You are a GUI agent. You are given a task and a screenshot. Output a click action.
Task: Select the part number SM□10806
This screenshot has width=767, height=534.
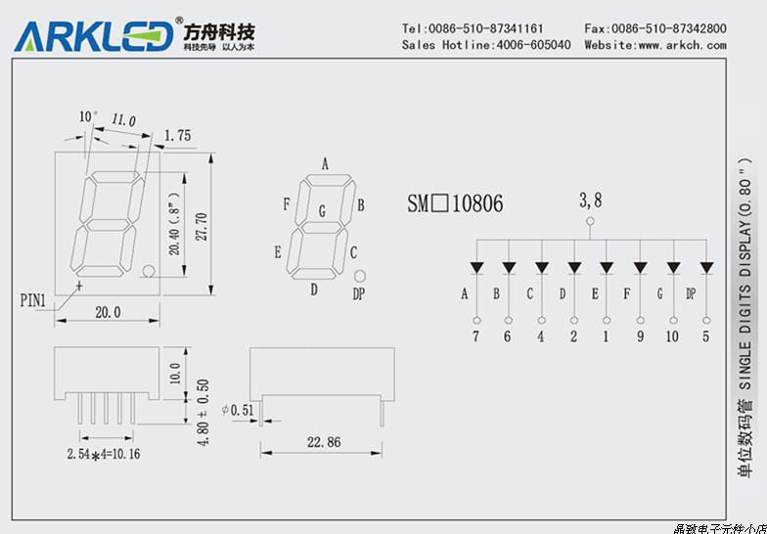pyautogui.click(x=455, y=203)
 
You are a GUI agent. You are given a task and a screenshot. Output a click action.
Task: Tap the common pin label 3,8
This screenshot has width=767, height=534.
pyautogui.click(x=590, y=200)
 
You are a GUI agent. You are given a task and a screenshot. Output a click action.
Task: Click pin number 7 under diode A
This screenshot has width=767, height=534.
pyautogui.click(x=476, y=336)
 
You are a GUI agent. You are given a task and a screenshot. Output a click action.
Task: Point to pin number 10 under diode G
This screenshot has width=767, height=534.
pyautogui.click(x=672, y=336)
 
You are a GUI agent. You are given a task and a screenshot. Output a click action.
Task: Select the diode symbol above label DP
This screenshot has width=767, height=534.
pyautogui.click(x=705, y=267)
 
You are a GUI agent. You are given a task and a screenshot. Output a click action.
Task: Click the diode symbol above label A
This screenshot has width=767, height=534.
pyautogui.click(x=476, y=267)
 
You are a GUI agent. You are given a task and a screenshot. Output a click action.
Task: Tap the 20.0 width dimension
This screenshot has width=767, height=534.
pyautogui.click(x=107, y=313)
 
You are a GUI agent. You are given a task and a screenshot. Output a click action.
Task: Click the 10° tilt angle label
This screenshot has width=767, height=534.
pyautogui.click(x=88, y=116)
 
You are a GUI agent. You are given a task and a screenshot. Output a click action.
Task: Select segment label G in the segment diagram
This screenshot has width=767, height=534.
pyautogui.click(x=322, y=210)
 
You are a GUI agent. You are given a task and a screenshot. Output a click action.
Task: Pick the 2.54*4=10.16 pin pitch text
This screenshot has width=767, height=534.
pyautogui.click(x=104, y=455)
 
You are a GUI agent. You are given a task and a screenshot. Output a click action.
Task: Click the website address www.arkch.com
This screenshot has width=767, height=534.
pyautogui.click(x=682, y=45)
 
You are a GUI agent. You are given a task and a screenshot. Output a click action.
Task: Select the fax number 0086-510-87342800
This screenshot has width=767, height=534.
pyautogui.click(x=669, y=28)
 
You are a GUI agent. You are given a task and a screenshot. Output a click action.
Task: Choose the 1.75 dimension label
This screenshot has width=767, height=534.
pyautogui.click(x=177, y=136)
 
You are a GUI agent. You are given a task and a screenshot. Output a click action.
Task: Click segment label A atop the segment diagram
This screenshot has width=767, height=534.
pyautogui.click(x=324, y=163)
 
